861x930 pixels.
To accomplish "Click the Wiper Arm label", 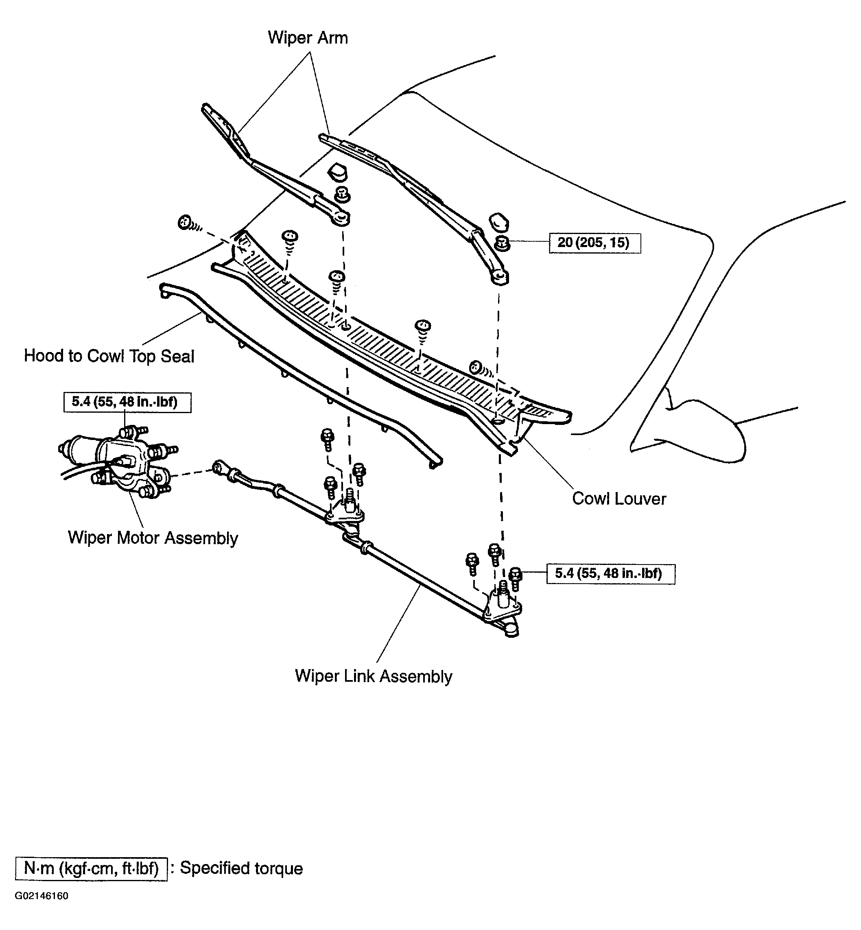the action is click(x=308, y=37).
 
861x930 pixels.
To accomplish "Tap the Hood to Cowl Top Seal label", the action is click(x=109, y=356).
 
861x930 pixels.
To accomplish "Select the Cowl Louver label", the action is click(x=619, y=499).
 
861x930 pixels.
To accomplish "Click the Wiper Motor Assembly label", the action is click(x=153, y=538).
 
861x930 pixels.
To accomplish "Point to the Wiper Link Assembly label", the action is click(x=374, y=676).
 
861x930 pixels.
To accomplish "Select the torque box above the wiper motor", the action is click(x=127, y=402).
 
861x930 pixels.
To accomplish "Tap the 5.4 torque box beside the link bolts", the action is click(x=611, y=573).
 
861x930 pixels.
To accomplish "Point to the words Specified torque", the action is click(x=241, y=869).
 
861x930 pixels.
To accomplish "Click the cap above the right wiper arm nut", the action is click(x=498, y=222).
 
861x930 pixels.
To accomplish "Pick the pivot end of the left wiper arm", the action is click(x=341, y=218).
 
